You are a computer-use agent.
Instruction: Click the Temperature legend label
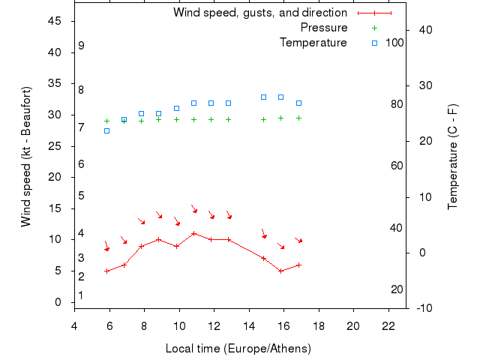click(313, 43)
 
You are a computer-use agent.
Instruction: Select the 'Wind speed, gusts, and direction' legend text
click(259, 13)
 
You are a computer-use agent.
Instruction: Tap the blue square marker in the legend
click(374, 43)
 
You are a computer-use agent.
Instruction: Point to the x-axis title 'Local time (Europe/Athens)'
click(238, 349)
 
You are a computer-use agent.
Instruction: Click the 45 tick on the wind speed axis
click(54, 21)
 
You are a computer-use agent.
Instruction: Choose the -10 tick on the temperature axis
click(423, 307)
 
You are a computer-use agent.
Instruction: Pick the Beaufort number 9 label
click(81, 46)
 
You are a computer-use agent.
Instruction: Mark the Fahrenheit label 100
click(394, 43)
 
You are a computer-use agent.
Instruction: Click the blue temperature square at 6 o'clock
click(106, 130)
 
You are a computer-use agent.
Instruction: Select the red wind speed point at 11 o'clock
click(193, 233)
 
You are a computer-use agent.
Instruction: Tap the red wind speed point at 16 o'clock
click(280, 271)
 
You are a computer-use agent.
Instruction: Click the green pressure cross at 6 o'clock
click(106, 121)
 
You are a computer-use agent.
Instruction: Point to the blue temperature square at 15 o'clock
click(263, 97)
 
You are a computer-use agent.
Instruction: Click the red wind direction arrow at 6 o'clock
click(106, 247)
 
